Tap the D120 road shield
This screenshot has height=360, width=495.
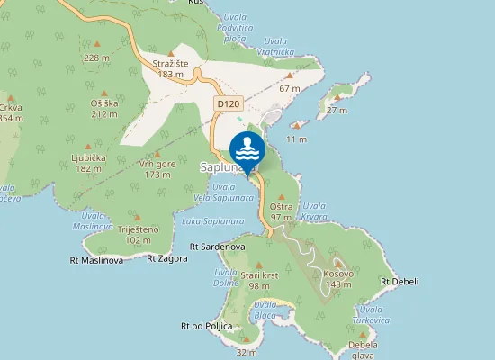(227, 104)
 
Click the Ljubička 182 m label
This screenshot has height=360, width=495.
(88, 163)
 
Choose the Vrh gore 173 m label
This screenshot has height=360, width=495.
(157, 169)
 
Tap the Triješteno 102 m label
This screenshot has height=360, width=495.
(138, 234)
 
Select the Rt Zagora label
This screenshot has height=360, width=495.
(167, 258)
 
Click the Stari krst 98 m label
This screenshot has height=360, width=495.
(259, 280)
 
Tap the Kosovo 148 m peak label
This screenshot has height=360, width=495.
(337, 278)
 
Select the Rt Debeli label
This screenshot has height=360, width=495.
(396, 282)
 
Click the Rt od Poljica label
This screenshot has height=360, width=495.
(206, 326)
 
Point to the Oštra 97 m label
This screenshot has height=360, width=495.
(281, 212)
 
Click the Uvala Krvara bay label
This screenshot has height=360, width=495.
(315, 211)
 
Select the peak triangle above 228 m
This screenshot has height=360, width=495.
(97, 43)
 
